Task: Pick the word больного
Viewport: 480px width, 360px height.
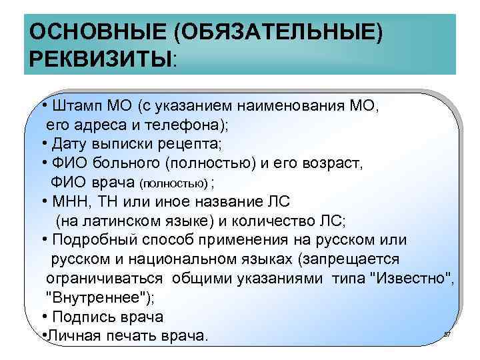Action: click(x=126, y=163)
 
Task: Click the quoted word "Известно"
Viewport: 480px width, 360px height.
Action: click(x=411, y=278)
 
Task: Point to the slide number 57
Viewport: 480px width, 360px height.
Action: click(x=447, y=333)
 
